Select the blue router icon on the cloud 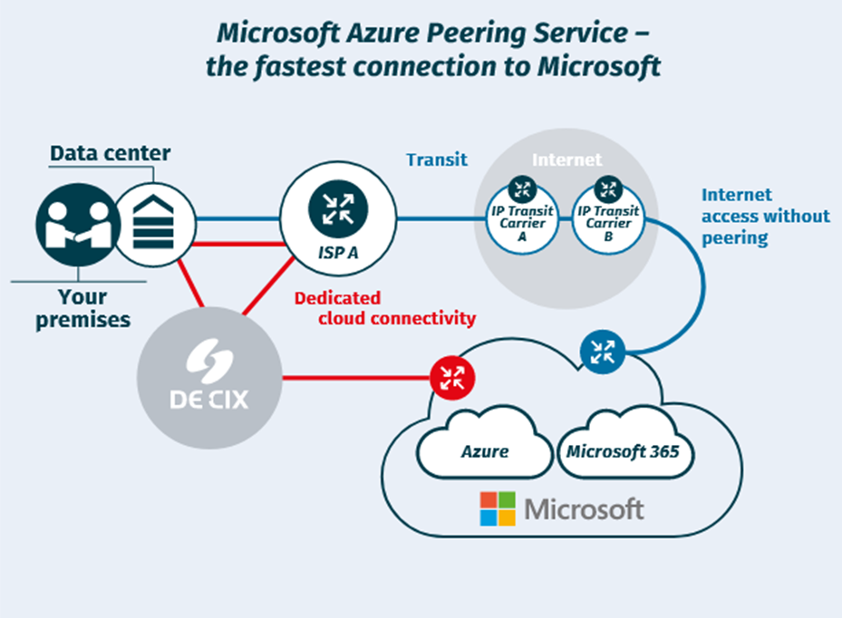coord(602,349)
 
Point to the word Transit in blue coord(437,159)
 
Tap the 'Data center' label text coord(110,153)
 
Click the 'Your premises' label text coord(82,308)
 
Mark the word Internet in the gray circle coord(566,159)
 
